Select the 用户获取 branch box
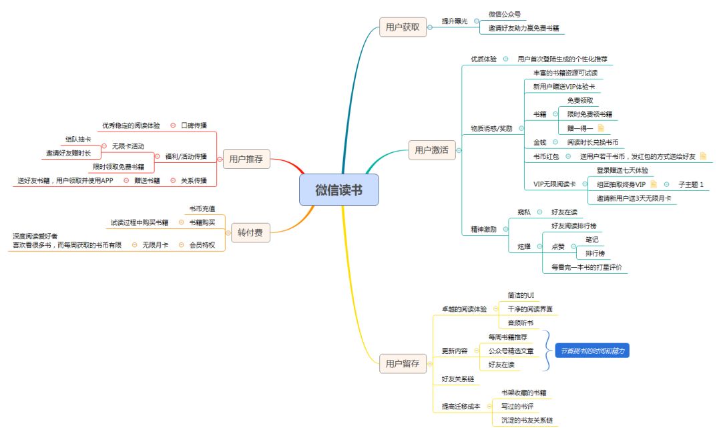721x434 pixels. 403,27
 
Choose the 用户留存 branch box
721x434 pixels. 403,364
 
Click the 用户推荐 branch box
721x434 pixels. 246,159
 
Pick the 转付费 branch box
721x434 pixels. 250,233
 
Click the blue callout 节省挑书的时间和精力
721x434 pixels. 592,350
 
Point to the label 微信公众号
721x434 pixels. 504,14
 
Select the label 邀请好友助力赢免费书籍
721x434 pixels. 523,29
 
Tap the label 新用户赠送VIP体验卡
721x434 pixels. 563,86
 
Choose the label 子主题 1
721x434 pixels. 691,184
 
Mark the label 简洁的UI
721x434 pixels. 521,294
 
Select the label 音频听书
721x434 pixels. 521,322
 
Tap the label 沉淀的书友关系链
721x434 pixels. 527,420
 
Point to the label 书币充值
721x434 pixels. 202,208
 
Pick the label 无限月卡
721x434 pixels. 155,245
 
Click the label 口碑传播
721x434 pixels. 194,125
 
